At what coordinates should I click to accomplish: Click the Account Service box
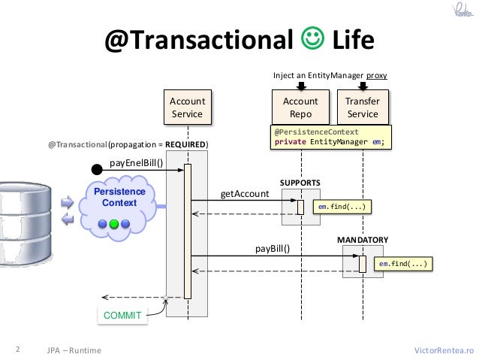click(x=187, y=107)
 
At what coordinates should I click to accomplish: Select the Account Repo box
click(x=300, y=107)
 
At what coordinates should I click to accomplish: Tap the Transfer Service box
click(x=362, y=107)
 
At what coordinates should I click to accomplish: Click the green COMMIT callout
click(x=122, y=316)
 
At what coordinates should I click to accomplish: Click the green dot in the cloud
click(x=114, y=223)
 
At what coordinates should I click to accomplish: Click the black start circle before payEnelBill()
click(x=97, y=170)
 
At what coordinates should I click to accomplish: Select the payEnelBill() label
click(x=136, y=162)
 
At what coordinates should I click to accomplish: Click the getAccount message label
click(x=244, y=193)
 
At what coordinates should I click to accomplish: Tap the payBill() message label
click(x=273, y=248)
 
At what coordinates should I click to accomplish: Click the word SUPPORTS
click(x=300, y=183)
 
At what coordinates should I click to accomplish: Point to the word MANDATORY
click(x=362, y=240)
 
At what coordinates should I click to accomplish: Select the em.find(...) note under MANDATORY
click(x=404, y=265)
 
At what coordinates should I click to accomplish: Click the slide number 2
click(x=17, y=349)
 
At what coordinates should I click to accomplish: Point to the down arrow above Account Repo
click(x=300, y=86)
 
